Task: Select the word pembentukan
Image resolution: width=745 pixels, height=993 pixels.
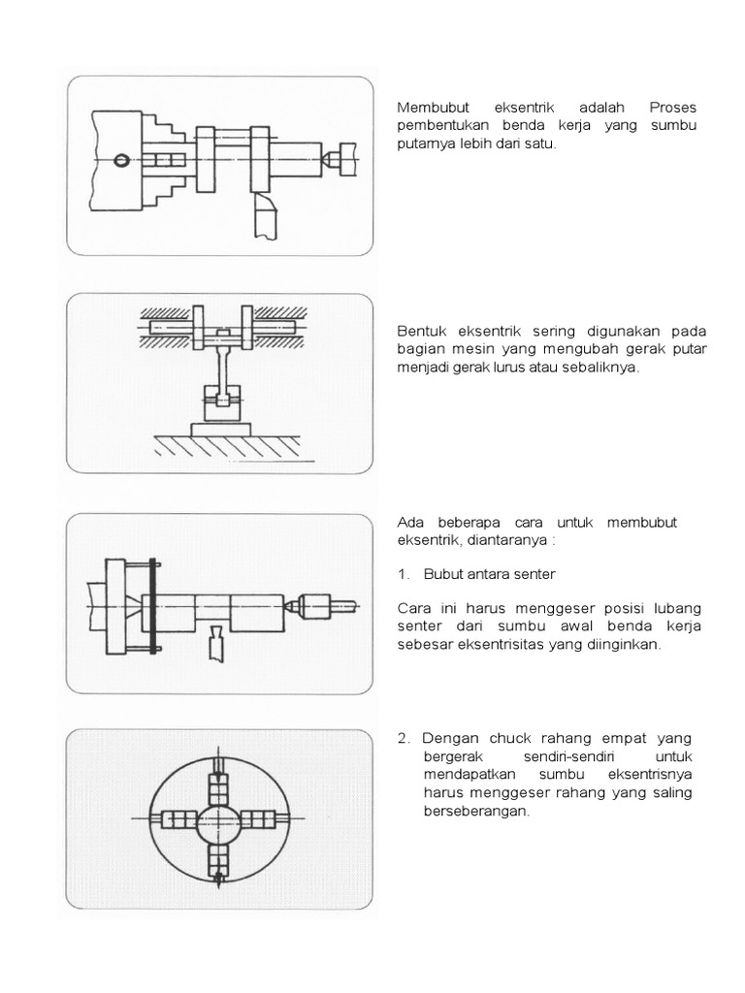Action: (x=441, y=126)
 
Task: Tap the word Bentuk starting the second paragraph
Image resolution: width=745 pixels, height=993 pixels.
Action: (x=420, y=331)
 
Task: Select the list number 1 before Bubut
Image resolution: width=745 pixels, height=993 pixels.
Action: (x=403, y=574)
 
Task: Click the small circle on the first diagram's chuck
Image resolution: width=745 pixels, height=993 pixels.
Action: (x=120, y=161)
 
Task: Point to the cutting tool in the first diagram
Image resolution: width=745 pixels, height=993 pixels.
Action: (x=265, y=215)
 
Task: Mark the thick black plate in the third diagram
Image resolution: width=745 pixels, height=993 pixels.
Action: (x=152, y=607)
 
